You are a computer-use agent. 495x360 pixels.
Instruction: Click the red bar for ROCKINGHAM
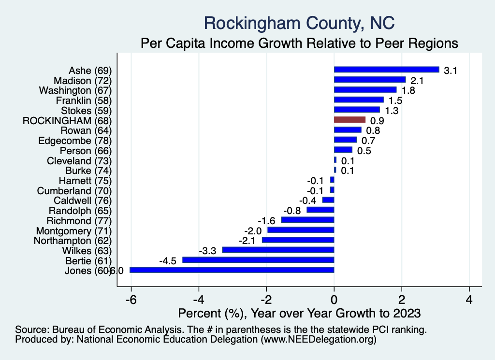pyautogui.click(x=349, y=120)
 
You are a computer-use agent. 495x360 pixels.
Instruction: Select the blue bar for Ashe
pyautogui.click(x=386, y=70)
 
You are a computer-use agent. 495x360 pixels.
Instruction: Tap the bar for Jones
pyautogui.click(x=232, y=270)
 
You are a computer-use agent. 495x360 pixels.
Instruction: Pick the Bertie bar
pyautogui.click(x=258, y=260)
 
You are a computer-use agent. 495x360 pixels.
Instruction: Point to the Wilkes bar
pyautogui.click(x=278, y=250)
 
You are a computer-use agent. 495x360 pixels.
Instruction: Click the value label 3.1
pyautogui.click(x=451, y=71)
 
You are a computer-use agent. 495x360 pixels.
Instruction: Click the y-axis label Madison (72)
pyautogui.click(x=83, y=80)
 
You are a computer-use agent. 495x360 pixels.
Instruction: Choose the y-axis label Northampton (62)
pyautogui.click(x=73, y=241)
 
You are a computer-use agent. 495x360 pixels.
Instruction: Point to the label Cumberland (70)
pyautogui.click(x=74, y=190)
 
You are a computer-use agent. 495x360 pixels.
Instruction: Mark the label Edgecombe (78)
pyautogui.click(x=75, y=141)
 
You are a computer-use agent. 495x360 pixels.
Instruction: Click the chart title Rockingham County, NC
pyautogui.click(x=299, y=23)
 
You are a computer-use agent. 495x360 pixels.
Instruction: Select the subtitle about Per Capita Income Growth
pyautogui.click(x=299, y=43)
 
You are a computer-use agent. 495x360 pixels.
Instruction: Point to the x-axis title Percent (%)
pyautogui.click(x=299, y=313)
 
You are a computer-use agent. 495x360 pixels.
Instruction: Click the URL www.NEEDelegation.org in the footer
pyautogui.click(x=319, y=340)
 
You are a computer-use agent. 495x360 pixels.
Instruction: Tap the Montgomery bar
pyautogui.click(x=301, y=230)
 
